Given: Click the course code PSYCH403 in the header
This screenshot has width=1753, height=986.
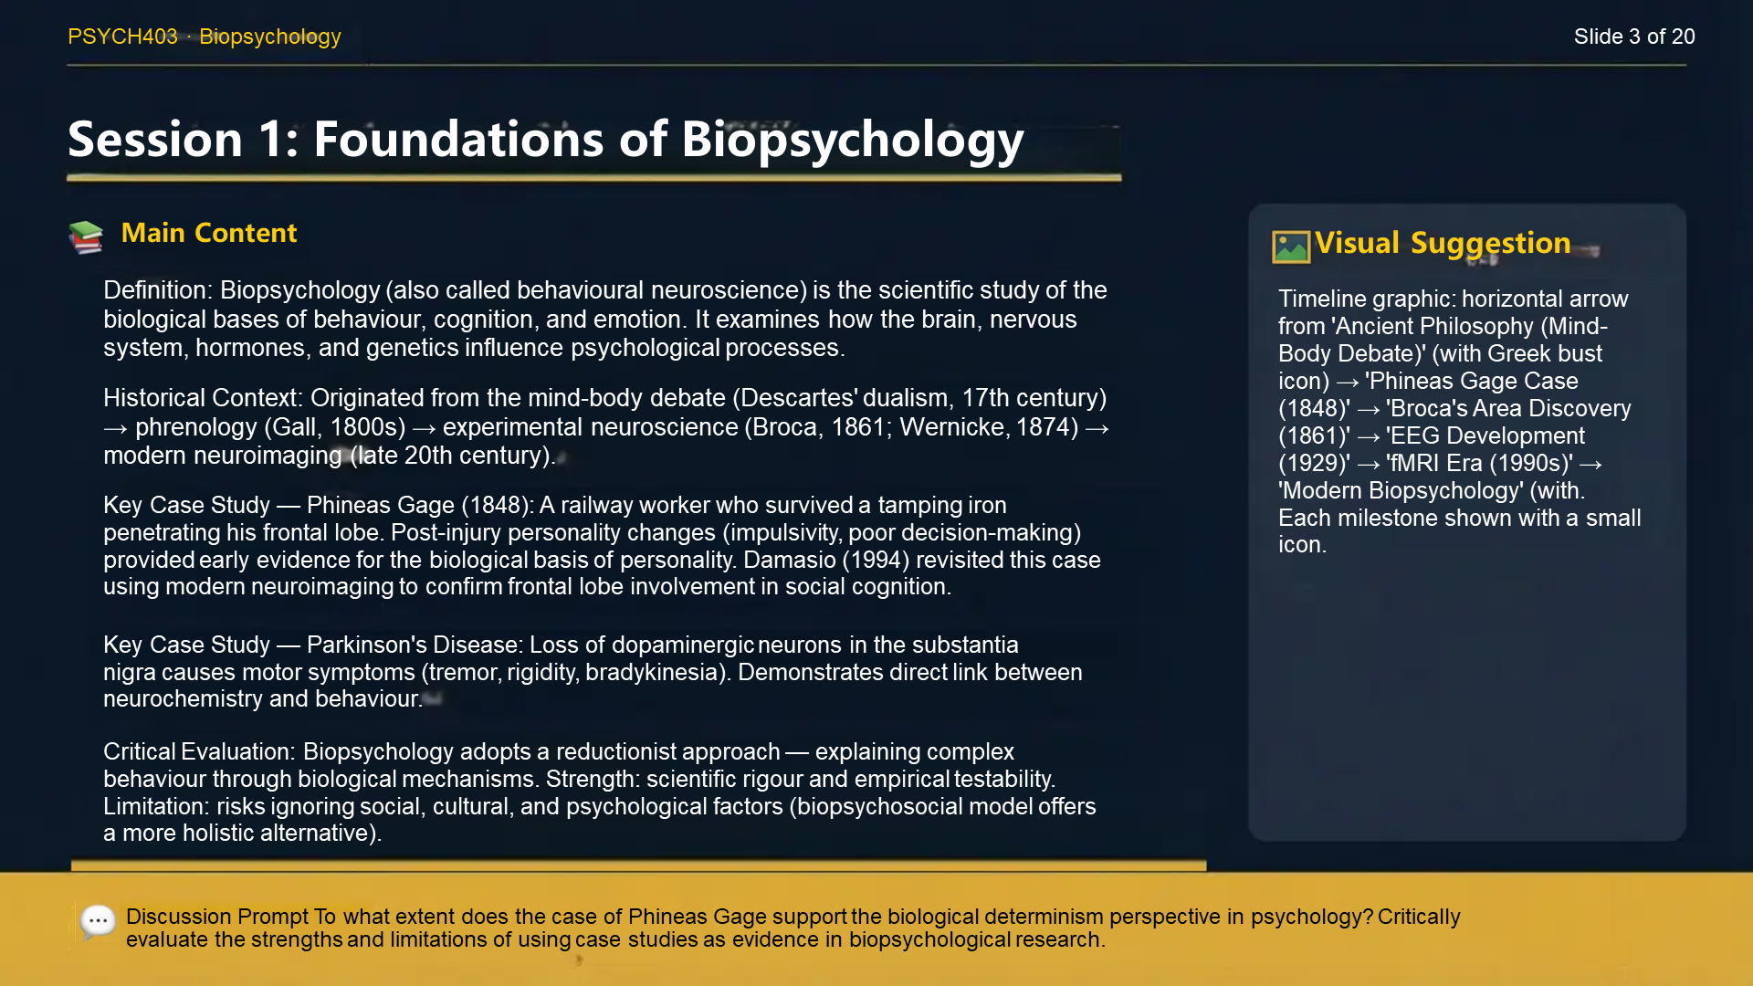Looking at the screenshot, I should click(x=122, y=37).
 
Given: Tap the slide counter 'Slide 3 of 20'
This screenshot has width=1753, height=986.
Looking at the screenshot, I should click(x=1633, y=37).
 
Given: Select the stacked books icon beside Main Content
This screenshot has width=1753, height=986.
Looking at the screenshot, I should click(x=86, y=236).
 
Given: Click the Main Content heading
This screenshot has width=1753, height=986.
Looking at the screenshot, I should click(x=208, y=233).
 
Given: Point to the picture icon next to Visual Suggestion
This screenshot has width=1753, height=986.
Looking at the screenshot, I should click(x=1290, y=246).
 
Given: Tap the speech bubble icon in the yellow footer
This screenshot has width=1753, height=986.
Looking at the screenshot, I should click(x=98, y=921).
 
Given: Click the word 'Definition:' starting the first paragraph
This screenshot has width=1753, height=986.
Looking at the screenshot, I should click(x=157, y=290).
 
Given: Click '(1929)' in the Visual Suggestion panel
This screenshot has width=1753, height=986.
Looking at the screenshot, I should click(x=1314, y=464).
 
